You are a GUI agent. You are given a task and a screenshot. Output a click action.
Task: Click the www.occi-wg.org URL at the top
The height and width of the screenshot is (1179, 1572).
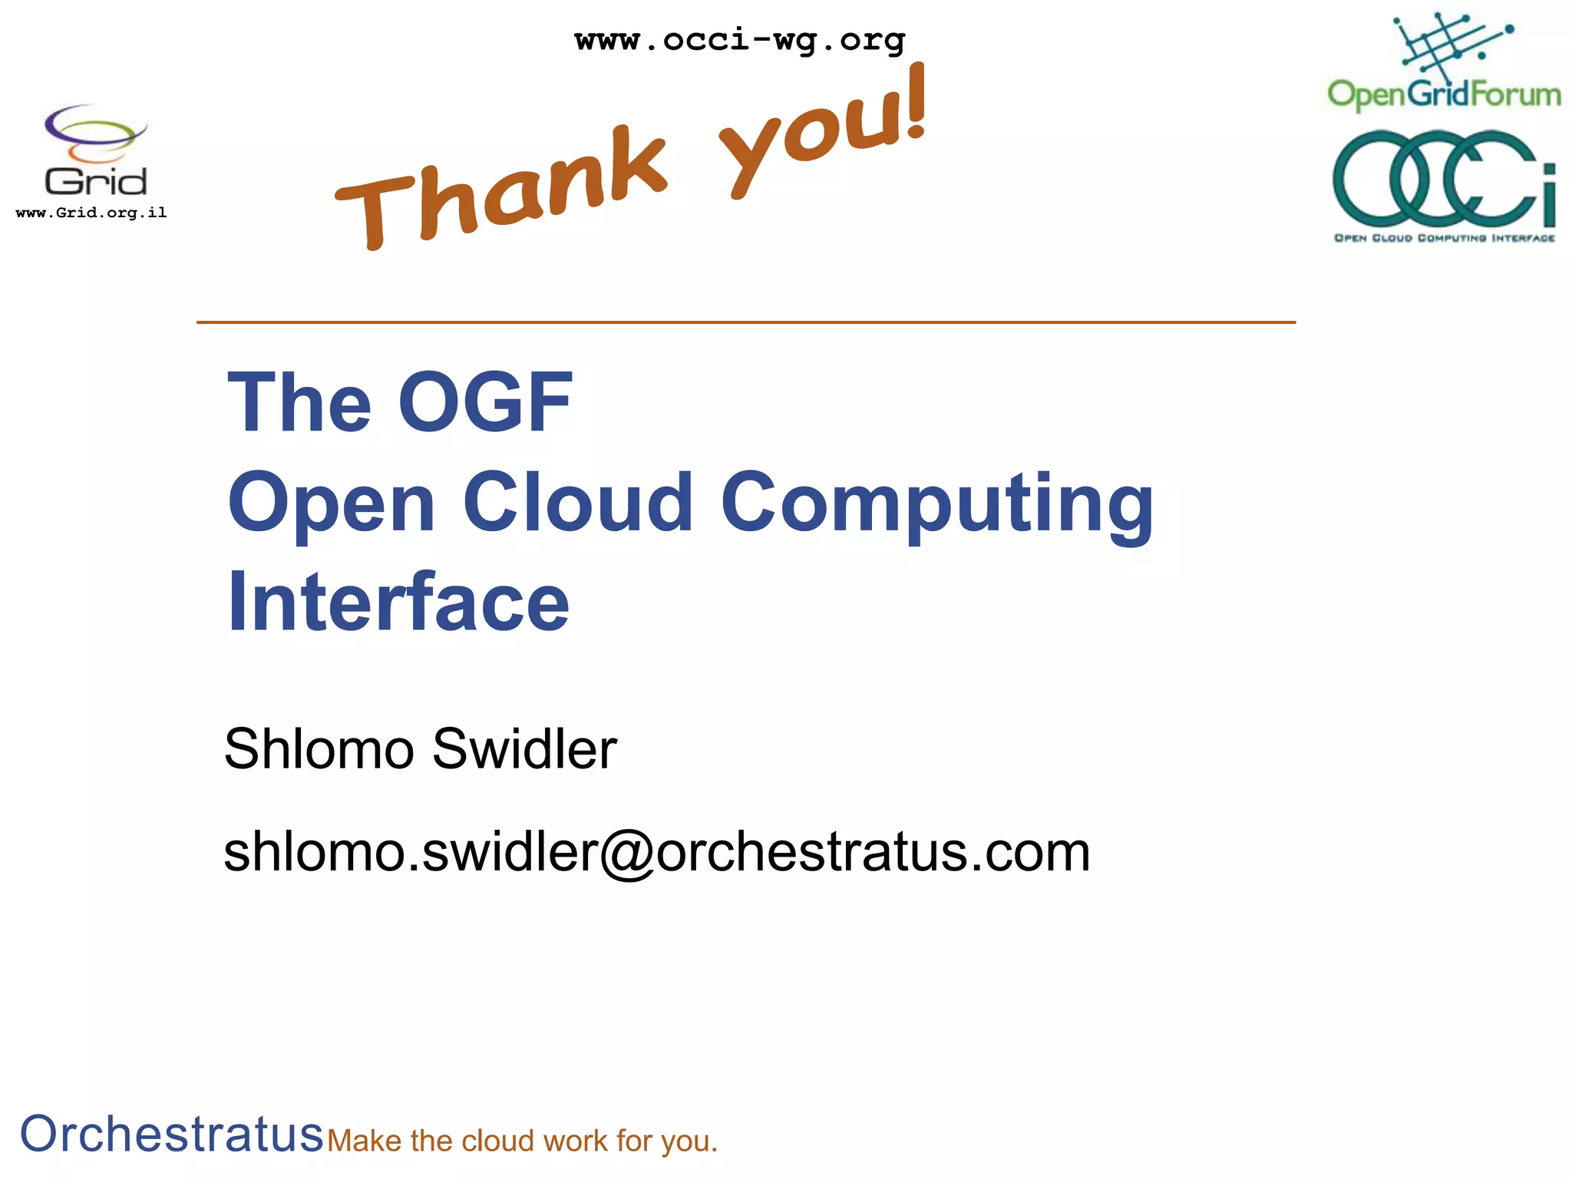(740, 39)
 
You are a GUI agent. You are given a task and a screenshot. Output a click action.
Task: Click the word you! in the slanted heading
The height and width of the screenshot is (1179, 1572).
(825, 130)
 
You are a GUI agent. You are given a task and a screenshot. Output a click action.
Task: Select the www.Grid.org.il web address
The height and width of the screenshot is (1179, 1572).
(91, 213)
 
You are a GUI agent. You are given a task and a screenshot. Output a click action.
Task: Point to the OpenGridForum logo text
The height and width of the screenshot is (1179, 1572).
(1444, 94)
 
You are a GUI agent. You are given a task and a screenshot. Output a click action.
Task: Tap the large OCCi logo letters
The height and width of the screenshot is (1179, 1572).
(1444, 178)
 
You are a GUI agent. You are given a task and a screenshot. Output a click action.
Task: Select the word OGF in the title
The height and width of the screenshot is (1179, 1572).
(485, 402)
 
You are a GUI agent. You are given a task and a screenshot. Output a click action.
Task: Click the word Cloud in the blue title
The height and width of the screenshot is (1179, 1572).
(578, 502)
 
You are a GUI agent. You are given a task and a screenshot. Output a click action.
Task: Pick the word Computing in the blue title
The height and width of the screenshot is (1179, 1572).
(936, 504)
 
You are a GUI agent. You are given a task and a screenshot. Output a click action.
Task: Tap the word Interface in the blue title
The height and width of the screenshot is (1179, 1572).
(398, 602)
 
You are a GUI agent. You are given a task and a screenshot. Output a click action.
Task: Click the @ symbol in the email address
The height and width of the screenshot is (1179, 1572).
(626, 854)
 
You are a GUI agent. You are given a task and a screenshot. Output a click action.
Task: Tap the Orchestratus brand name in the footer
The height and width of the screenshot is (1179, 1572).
(171, 1134)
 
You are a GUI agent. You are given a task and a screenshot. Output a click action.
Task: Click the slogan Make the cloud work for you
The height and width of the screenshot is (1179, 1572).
(522, 1141)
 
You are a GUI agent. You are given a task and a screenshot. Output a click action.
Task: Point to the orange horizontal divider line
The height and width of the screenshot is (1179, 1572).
(745, 322)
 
